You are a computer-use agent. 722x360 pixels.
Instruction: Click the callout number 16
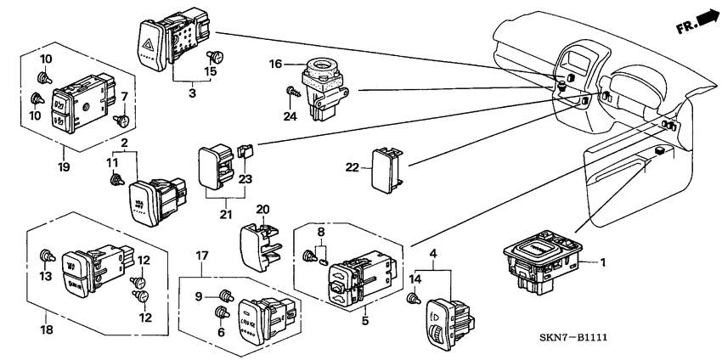pyautogui.click(x=275, y=63)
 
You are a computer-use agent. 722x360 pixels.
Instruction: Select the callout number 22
pyautogui.click(x=352, y=166)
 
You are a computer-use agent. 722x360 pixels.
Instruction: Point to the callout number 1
pyautogui.click(x=604, y=262)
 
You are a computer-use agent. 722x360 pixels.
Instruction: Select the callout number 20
pyautogui.click(x=262, y=209)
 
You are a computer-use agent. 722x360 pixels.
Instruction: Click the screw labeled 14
pyautogui.click(x=414, y=298)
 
